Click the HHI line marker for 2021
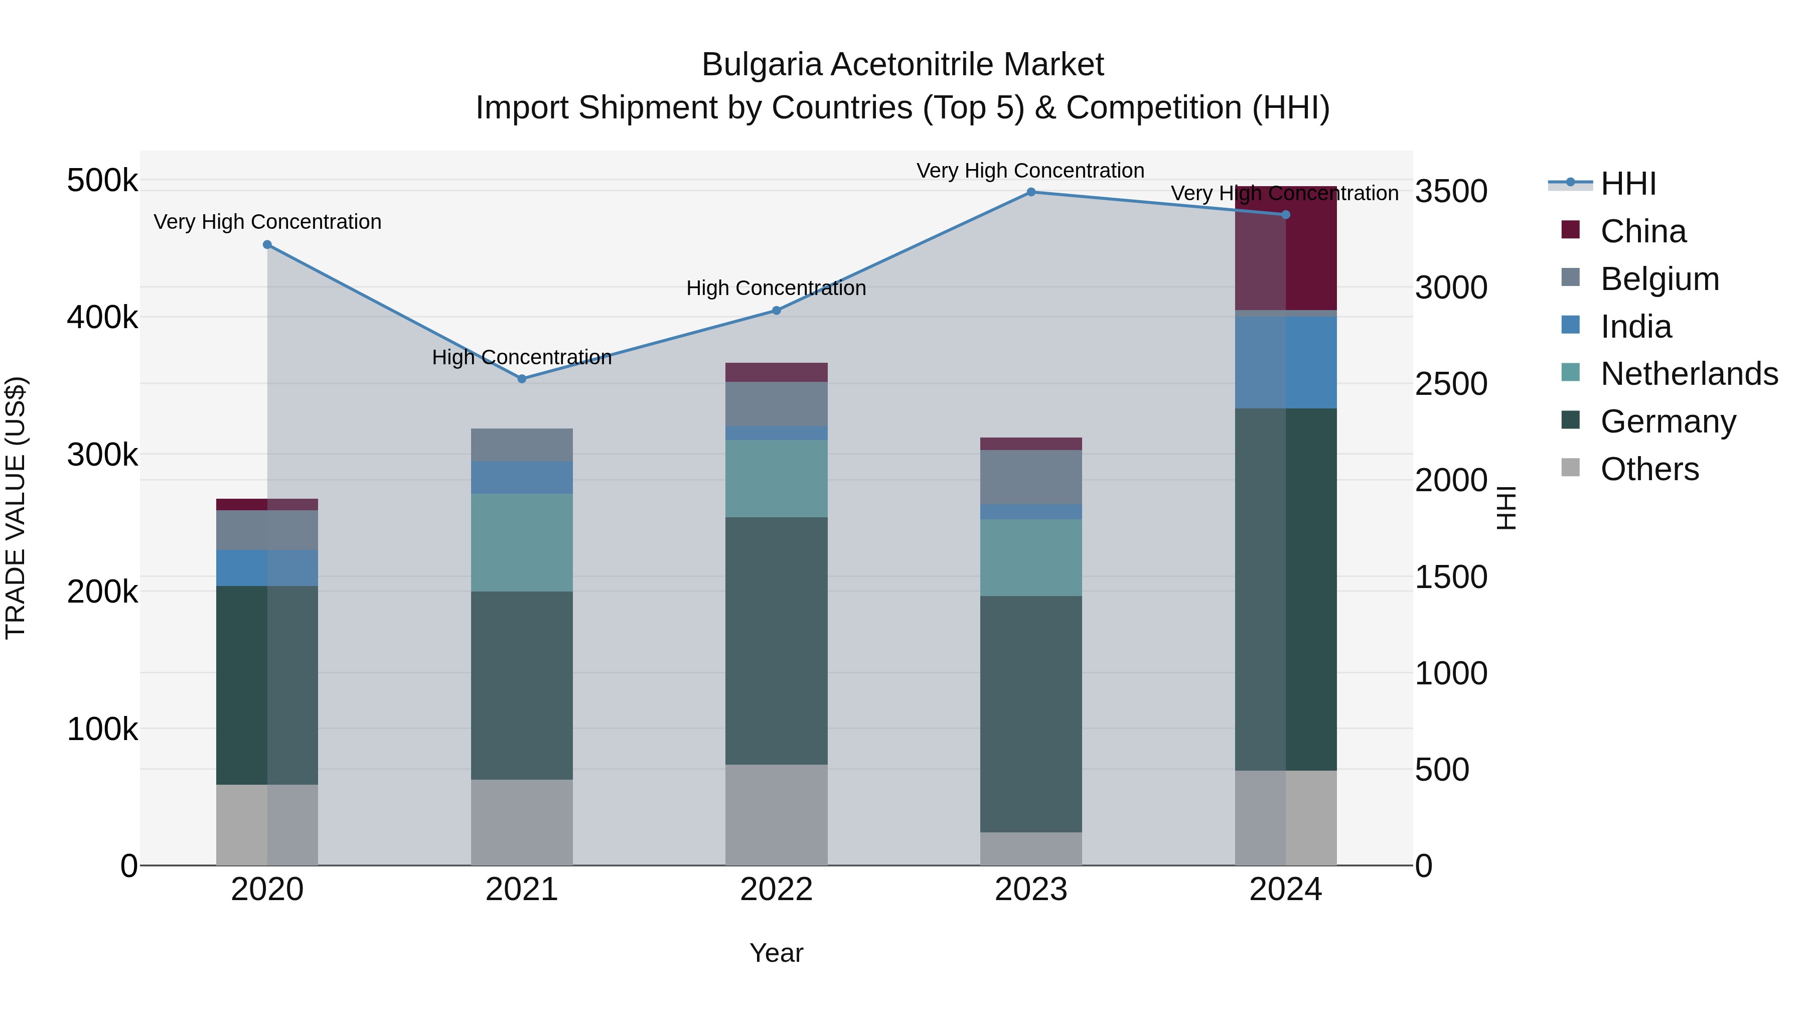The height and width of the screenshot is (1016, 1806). (522, 379)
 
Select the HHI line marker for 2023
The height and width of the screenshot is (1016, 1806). (1030, 192)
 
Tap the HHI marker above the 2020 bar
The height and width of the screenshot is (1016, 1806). (267, 245)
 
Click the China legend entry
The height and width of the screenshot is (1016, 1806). (1642, 231)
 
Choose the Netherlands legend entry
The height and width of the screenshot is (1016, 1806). (1688, 374)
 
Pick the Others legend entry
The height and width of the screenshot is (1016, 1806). (1649, 469)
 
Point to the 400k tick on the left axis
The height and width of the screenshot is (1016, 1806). (102, 318)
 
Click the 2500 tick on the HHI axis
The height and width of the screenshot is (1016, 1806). (1450, 384)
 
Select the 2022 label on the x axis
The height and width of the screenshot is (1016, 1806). (776, 890)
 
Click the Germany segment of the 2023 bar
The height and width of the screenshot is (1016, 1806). (1030, 714)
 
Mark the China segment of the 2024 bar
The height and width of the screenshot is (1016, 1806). (1286, 249)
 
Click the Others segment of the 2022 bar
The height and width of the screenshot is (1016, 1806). (776, 815)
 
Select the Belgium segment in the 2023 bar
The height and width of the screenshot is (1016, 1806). (1030, 477)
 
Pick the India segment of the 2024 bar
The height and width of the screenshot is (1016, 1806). (1286, 362)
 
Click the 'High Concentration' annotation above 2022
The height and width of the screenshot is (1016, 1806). (776, 288)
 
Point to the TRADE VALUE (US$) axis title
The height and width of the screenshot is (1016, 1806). (16, 508)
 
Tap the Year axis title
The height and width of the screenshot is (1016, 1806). (776, 953)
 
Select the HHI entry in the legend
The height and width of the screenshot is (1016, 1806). (1627, 184)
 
